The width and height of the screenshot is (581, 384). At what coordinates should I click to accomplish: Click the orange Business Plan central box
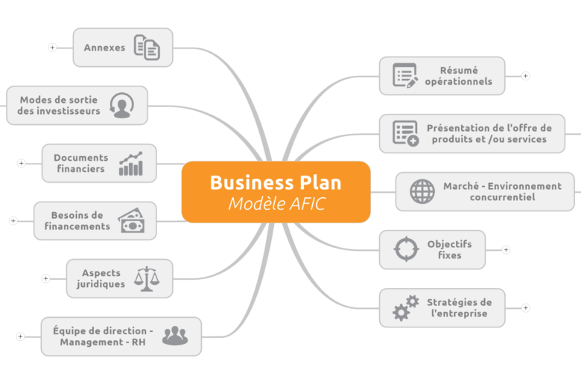coord(276,192)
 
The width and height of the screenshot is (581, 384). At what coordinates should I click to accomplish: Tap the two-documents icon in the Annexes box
coord(147,48)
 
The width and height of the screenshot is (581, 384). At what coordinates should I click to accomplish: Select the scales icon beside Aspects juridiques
coord(147,279)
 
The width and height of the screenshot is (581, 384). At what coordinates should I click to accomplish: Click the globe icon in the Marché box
coord(422,191)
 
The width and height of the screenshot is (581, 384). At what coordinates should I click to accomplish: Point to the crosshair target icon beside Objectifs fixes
coord(406,249)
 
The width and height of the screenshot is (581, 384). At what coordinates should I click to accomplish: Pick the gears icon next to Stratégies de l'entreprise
coord(406,307)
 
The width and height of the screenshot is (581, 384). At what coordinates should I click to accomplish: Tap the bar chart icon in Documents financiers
coord(131,163)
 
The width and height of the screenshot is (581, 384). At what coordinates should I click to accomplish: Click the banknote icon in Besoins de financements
coord(132,221)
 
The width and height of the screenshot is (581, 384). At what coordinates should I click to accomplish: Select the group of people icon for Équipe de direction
coord(175,336)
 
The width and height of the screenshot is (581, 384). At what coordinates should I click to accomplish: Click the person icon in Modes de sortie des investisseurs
coord(122,106)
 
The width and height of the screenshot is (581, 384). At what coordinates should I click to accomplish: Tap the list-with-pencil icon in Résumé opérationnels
coord(405,76)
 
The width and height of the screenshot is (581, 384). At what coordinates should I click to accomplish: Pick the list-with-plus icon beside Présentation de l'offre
coord(406,133)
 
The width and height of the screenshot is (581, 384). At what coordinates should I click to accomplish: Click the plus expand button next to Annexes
coord(52,48)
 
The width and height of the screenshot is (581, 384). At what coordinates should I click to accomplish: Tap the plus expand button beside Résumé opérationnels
coord(525,76)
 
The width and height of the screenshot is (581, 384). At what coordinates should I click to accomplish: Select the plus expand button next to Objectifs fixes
coord(506,249)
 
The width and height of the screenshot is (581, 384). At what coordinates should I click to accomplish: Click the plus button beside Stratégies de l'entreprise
coord(525,307)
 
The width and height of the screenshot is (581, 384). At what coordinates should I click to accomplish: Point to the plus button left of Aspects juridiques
coord(45,278)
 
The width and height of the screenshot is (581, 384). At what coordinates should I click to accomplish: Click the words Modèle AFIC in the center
coord(277,204)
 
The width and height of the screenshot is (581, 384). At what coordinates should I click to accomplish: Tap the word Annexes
coord(104,48)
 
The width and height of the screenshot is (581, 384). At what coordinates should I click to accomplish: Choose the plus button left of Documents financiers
coord(21,163)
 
